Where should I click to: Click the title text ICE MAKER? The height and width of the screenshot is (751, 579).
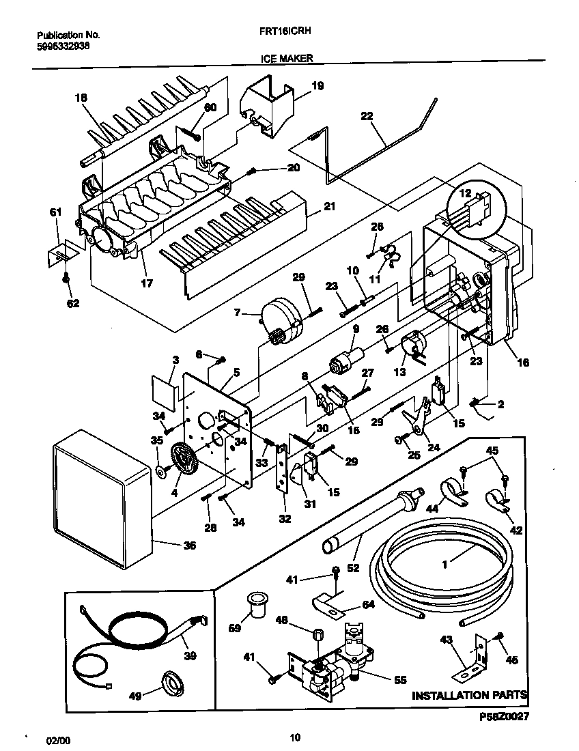point(287,59)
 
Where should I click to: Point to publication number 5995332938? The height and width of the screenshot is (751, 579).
point(62,46)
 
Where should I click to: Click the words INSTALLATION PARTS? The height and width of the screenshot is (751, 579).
point(469,696)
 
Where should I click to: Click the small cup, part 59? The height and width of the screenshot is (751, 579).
point(257,604)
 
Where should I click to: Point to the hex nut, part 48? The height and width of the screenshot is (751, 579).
point(317,634)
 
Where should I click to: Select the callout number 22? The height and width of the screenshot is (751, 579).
point(367,116)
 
